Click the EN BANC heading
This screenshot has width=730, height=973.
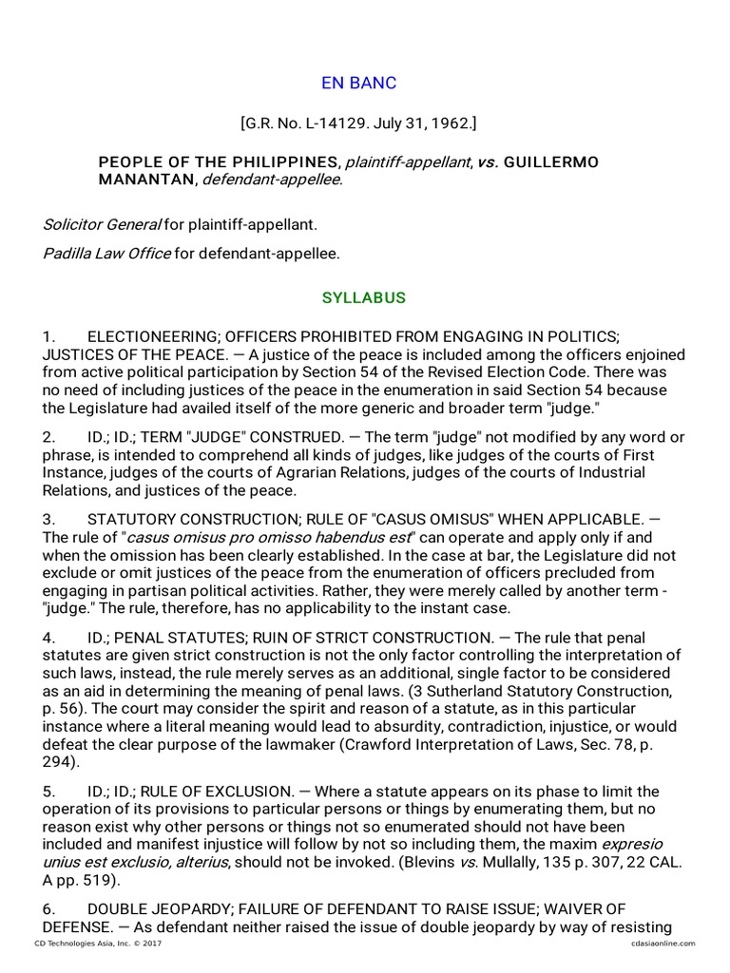tap(358, 83)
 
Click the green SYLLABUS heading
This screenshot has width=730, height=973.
tap(364, 297)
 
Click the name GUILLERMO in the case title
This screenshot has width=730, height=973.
tap(551, 162)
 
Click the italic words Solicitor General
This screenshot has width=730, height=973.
tap(101, 225)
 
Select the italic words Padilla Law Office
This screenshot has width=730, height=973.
tap(106, 254)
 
